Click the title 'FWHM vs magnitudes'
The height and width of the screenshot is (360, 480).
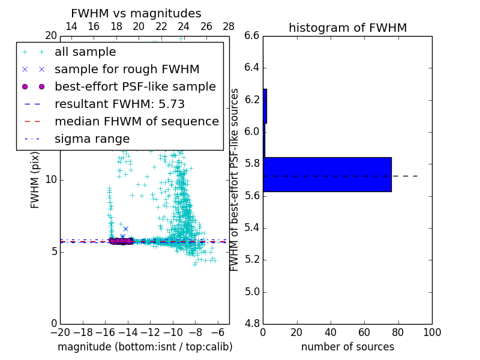pyautogui.click(x=136, y=13)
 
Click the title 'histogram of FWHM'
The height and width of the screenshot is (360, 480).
pyautogui.click(x=347, y=28)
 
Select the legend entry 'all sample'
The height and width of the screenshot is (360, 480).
pyautogui.click(x=85, y=52)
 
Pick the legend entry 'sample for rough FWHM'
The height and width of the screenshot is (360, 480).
pyautogui.click(x=127, y=70)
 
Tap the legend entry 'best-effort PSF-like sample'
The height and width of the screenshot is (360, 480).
pyautogui.click(x=135, y=87)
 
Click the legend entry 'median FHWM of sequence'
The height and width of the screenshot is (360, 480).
pyautogui.click(x=136, y=122)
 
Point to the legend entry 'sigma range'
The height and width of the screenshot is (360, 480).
pyautogui.click(x=92, y=139)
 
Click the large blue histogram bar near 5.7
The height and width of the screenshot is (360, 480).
pyautogui.click(x=327, y=175)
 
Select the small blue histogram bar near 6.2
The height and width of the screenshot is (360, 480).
pyautogui.click(x=265, y=106)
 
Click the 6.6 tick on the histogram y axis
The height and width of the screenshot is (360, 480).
pyautogui.click(x=252, y=36)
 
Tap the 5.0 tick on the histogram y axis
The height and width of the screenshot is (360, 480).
pyautogui.click(x=252, y=292)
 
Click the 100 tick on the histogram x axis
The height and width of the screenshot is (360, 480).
pyautogui.click(x=432, y=332)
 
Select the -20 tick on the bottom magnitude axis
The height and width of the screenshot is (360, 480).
pyautogui.click(x=60, y=332)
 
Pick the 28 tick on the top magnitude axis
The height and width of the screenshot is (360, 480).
pyautogui.click(x=229, y=26)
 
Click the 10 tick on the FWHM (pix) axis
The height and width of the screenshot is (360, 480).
pyautogui.click(x=51, y=180)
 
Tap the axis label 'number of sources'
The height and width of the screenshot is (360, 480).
pyautogui.click(x=347, y=347)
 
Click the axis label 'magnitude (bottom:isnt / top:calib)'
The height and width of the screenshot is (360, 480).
pyautogui.click(x=145, y=347)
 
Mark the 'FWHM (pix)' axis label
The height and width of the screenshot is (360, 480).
pyautogui.click(x=35, y=180)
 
